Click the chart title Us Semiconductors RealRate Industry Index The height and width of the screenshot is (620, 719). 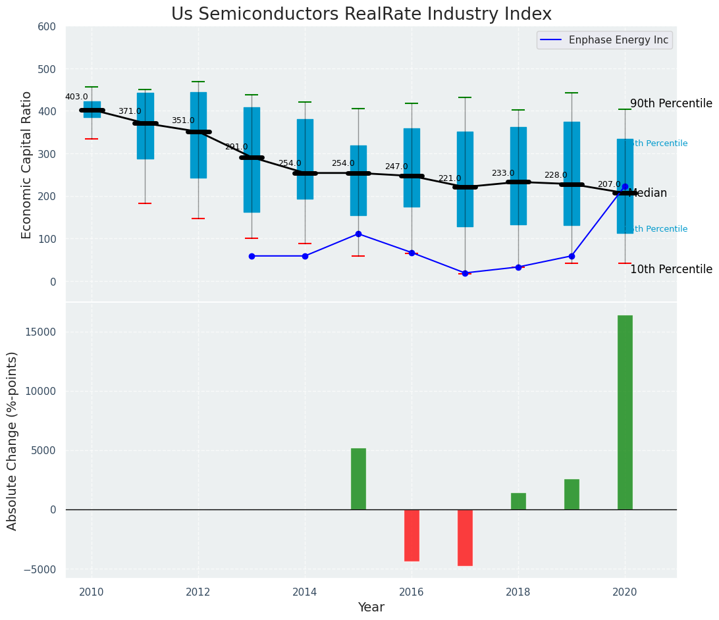pos(361,14)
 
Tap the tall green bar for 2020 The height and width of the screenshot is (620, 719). pos(625,412)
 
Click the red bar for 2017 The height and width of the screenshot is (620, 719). pos(465,537)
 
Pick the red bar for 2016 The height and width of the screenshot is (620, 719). pos(412,535)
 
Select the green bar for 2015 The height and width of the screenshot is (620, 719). pos(358,478)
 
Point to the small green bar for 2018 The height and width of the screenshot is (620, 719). pos(518,501)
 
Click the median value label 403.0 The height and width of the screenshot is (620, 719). pos(76,97)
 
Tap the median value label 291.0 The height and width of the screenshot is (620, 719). pos(236,147)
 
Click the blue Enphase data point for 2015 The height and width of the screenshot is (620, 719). pos(358,234)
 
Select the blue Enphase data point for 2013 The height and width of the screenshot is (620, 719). pos(252,256)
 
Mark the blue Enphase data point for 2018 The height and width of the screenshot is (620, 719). pos(518,267)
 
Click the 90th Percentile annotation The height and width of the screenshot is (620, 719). pos(671,103)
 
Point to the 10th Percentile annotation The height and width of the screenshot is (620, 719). pos(671,269)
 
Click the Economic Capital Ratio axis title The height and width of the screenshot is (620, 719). pos(27,165)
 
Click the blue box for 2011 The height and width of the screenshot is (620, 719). pos(146,126)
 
